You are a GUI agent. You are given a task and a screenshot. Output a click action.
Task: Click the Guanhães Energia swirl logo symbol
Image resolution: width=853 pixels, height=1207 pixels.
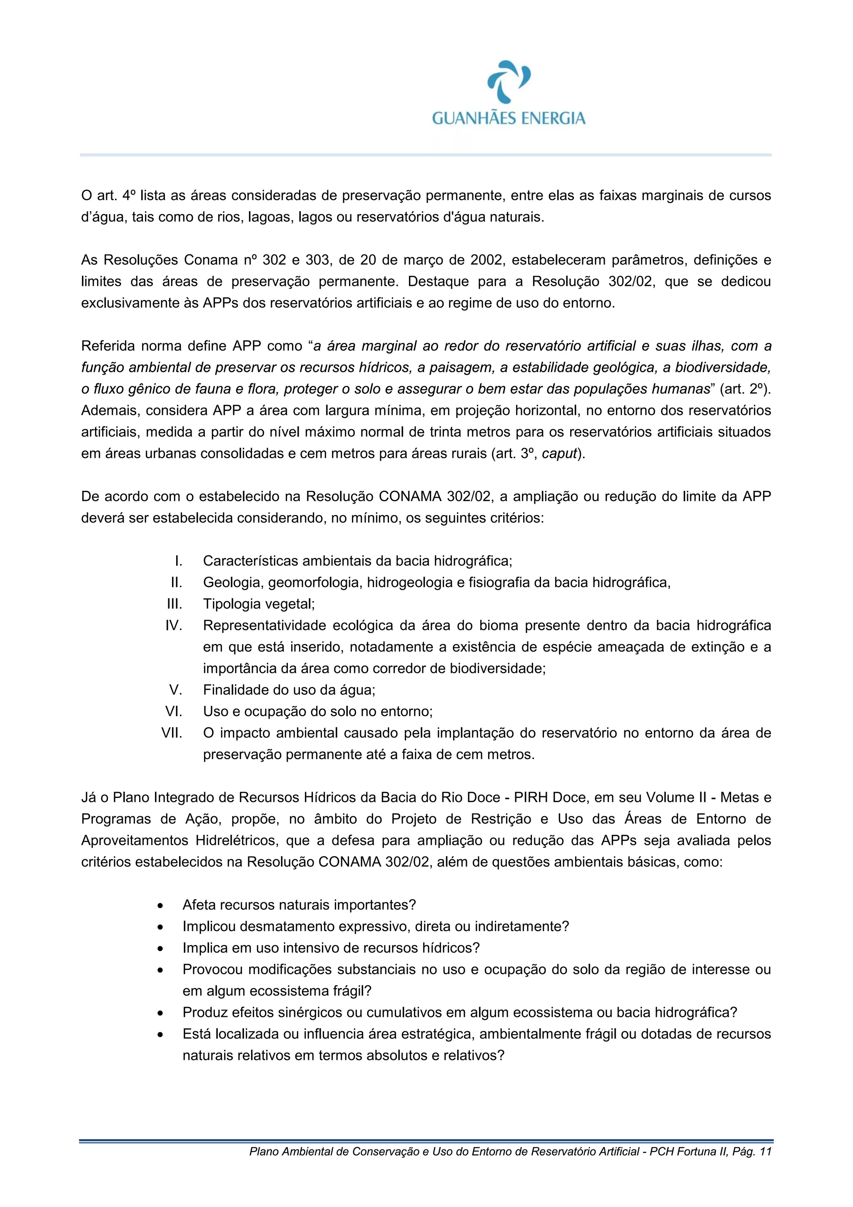pyautogui.click(x=509, y=82)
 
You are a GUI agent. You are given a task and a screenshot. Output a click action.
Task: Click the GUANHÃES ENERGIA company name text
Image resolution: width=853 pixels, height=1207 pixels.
pyautogui.click(x=509, y=118)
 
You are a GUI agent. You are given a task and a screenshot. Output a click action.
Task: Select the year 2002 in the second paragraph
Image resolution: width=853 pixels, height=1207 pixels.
pyautogui.click(x=486, y=260)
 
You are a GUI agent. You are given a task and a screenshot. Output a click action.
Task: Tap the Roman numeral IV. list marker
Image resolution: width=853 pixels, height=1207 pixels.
pyautogui.click(x=174, y=625)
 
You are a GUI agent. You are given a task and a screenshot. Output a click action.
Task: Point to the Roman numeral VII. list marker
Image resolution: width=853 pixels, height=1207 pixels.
pyautogui.click(x=172, y=733)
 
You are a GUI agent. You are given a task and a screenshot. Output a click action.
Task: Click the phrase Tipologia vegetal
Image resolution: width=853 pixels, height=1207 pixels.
pyautogui.click(x=259, y=604)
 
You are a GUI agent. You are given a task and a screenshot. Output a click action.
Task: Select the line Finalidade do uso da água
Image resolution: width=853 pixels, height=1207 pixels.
pyautogui.click(x=289, y=690)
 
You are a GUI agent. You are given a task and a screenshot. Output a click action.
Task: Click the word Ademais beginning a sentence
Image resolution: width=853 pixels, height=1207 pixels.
pyautogui.click(x=109, y=410)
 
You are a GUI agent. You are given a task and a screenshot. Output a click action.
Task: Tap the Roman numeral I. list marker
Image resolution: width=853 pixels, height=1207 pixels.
pyautogui.click(x=179, y=561)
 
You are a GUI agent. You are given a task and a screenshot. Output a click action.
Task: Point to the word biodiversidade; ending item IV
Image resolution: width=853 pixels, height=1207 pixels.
pyautogui.click(x=498, y=669)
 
